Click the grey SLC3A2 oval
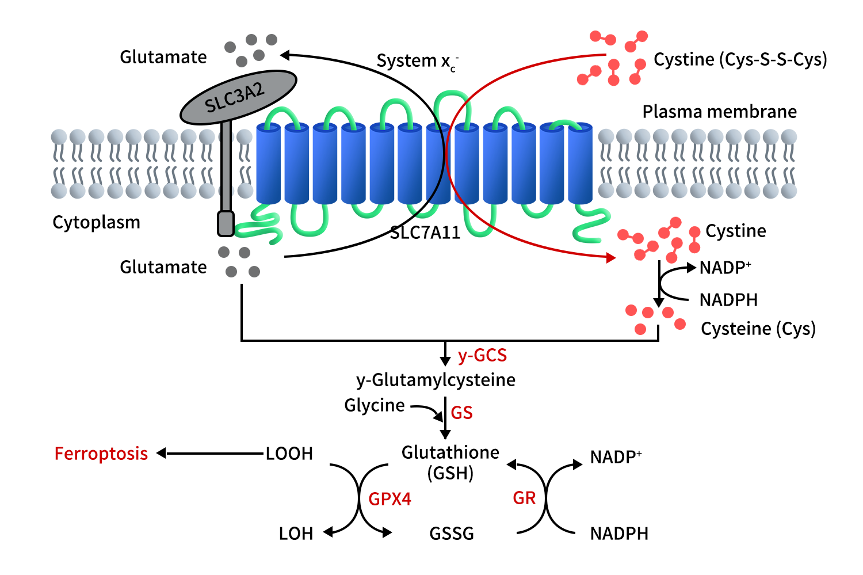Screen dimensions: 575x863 click(238, 97)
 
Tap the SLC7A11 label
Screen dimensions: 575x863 click(425, 233)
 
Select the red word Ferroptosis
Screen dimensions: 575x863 click(101, 454)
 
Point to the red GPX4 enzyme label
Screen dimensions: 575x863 click(390, 498)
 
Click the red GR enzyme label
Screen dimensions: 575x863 click(524, 498)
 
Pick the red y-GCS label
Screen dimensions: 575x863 click(482, 356)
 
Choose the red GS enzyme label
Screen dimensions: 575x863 click(461, 413)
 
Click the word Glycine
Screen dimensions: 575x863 click(375, 405)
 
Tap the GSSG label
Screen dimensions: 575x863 click(452, 534)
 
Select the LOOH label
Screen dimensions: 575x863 click(289, 454)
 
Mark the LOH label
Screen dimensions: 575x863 click(296, 534)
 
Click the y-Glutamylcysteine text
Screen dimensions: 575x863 click(436, 380)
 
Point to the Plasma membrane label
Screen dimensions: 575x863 click(719, 111)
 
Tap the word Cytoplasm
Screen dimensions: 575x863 click(96, 222)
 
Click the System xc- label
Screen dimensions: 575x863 click(417, 61)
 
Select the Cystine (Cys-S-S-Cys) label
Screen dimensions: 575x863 click(740, 59)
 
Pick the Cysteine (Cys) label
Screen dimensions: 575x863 click(758, 329)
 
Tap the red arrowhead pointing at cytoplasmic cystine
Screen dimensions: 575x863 click(611, 257)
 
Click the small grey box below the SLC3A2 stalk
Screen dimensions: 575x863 click(226, 223)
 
